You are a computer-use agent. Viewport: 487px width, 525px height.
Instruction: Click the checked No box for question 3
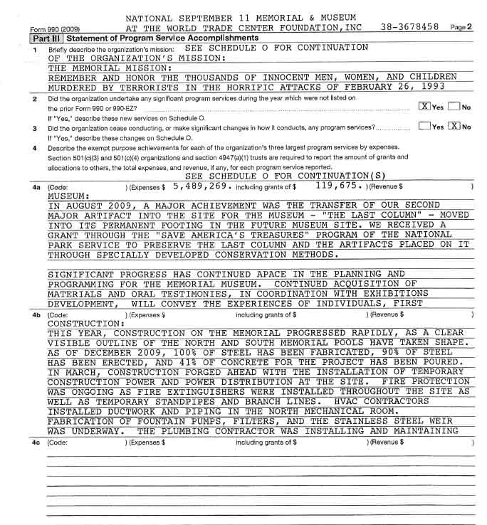pos(454,127)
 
